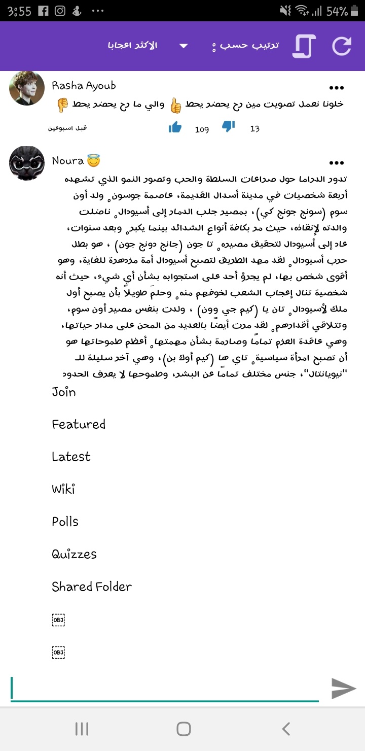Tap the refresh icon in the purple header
[342, 46]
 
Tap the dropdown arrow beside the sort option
[184, 46]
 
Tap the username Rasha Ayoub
[84, 86]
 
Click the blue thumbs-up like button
[175, 127]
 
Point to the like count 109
[202, 129]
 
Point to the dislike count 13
[254, 129]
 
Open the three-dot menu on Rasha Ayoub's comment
[337, 87]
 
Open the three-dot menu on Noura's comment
[337, 163]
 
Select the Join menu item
[64, 392]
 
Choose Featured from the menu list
[79, 424]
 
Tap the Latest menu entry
[71, 457]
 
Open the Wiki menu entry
[63, 489]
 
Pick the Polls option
[65, 522]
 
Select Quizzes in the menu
[74, 554]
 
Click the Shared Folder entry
[92, 587]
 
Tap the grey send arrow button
[344, 688]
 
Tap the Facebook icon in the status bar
[44, 11]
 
